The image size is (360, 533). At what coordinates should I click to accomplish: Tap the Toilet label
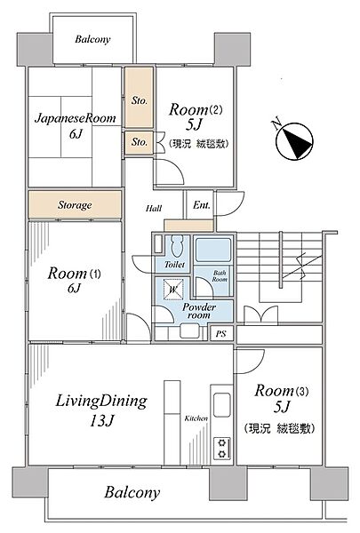[x=173, y=264]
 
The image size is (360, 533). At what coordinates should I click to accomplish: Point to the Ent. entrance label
[x=203, y=205]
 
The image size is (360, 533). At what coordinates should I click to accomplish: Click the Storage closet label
[x=75, y=205]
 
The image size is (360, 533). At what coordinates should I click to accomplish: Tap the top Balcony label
[x=92, y=40]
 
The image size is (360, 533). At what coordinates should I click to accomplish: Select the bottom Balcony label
[x=132, y=491]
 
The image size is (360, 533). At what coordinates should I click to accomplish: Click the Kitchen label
[x=196, y=418]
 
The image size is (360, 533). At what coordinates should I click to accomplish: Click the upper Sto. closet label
[x=139, y=100]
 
